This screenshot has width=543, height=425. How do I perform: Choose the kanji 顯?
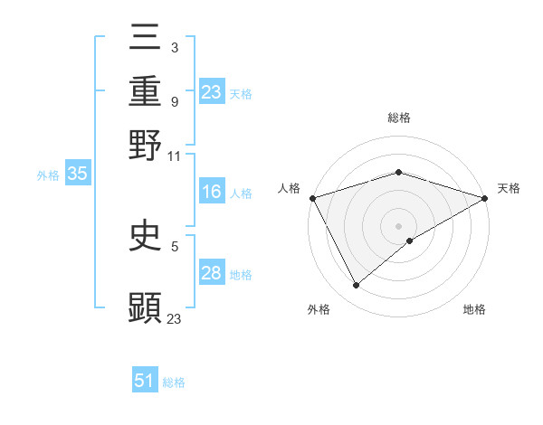(x=145, y=307)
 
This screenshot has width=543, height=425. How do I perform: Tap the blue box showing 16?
(x=212, y=192)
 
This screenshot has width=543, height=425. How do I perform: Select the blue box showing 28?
(x=212, y=273)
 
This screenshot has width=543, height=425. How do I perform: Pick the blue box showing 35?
(x=77, y=175)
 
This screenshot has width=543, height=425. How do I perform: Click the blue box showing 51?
(x=145, y=381)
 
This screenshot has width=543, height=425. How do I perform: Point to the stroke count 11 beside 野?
(x=175, y=156)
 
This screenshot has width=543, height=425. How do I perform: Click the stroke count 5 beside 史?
(x=175, y=245)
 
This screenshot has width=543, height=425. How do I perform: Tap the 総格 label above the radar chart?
(x=398, y=118)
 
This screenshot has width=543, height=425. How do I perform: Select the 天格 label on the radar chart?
(x=509, y=188)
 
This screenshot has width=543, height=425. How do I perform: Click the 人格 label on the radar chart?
(x=289, y=188)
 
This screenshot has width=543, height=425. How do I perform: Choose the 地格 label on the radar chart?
(x=474, y=310)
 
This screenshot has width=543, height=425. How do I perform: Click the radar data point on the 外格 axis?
(x=357, y=286)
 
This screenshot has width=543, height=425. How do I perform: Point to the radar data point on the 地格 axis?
(x=410, y=241)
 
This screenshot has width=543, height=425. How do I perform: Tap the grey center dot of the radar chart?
(x=398, y=225)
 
